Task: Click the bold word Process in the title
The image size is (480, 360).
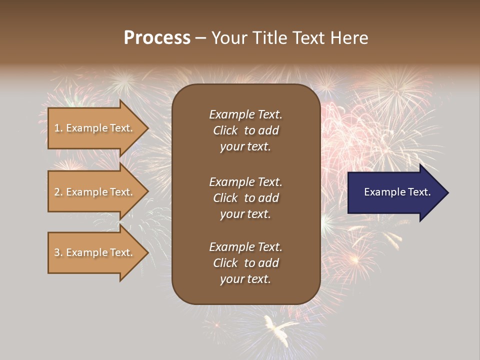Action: tap(157, 38)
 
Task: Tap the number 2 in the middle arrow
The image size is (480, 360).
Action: tap(57, 192)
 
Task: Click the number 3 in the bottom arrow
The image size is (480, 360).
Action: tap(57, 252)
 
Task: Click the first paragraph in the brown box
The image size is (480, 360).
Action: tap(245, 130)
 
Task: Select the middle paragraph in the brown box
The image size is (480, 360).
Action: tap(245, 198)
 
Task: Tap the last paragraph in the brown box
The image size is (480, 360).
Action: tap(245, 263)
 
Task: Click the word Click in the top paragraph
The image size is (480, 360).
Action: tap(225, 130)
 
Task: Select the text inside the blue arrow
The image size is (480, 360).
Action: tap(397, 192)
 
